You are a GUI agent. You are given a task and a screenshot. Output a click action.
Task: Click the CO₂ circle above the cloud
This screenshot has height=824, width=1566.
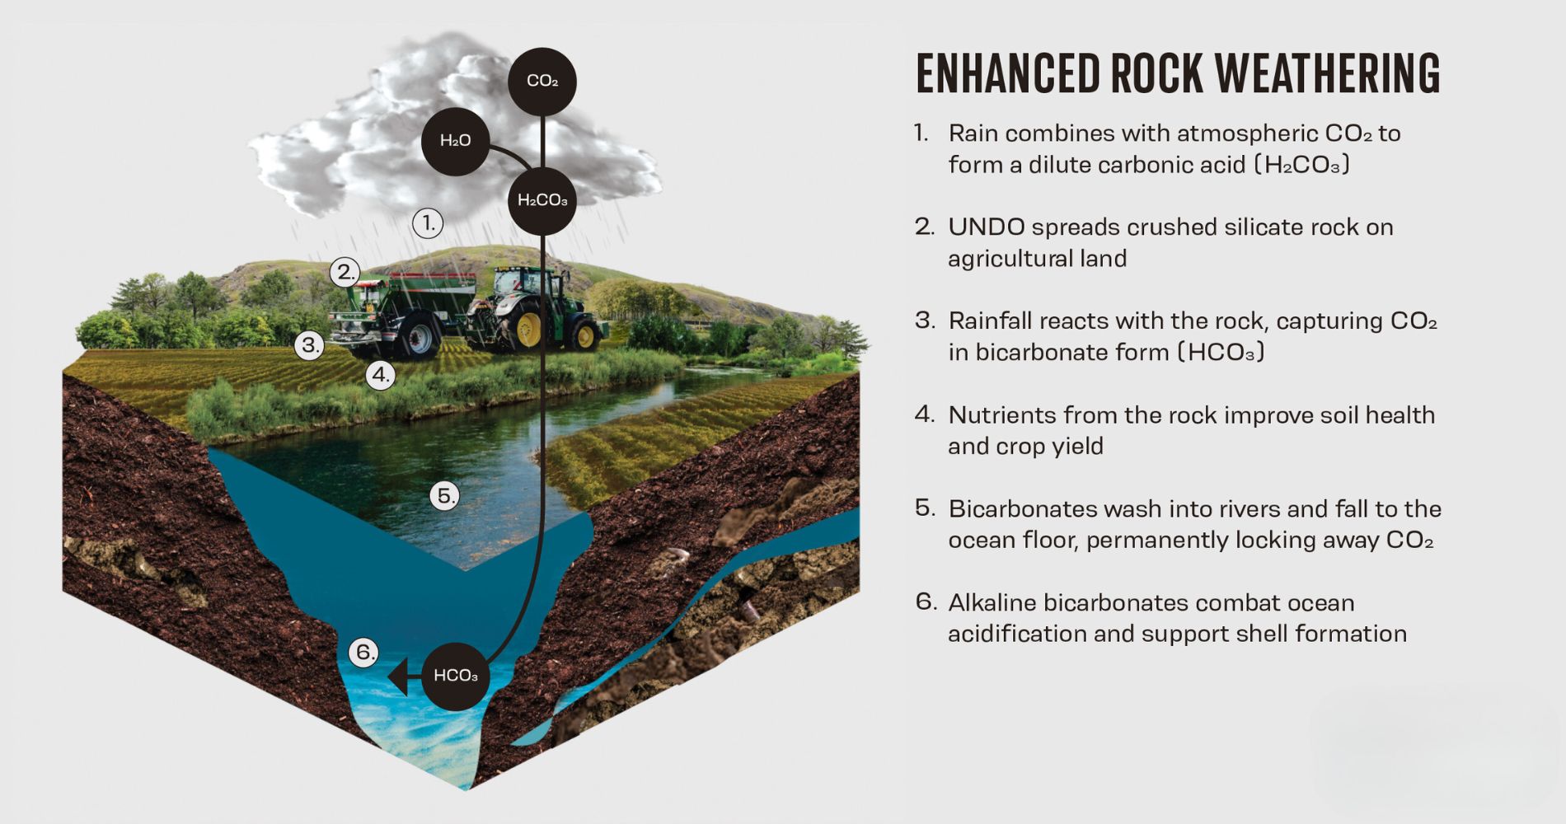pos(542,81)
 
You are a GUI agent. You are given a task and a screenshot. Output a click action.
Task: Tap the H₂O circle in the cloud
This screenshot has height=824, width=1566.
pos(455,141)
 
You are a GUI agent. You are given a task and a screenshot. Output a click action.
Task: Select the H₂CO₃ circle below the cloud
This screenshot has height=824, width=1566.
pos(542,200)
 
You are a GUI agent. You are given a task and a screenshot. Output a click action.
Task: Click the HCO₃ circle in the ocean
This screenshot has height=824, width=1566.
pos(455,676)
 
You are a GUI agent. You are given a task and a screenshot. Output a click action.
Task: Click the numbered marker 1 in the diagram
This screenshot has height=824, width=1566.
pos(428,222)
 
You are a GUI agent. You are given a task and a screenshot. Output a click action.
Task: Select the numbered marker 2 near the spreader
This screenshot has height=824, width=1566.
pos(345,272)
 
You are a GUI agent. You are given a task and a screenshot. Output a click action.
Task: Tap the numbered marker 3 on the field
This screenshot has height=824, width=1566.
pos(310,344)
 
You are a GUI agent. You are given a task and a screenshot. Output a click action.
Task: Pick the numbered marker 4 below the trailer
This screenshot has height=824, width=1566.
pos(380,376)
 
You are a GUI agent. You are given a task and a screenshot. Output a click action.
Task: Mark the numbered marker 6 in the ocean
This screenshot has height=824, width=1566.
pos(363,653)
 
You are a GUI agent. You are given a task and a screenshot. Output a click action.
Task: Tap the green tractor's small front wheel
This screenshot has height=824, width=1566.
pos(585,335)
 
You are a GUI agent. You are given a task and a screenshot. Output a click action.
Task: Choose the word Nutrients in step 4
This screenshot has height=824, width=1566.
pos(1001,415)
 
